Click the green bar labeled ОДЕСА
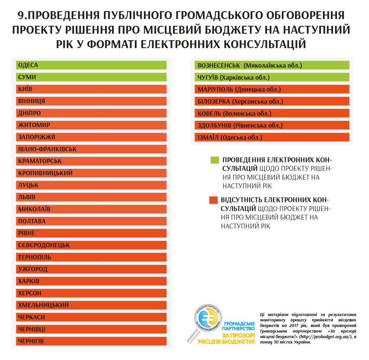(x=91, y=65)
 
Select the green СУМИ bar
(x=91, y=77)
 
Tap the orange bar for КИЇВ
(x=91, y=89)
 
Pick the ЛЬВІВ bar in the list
(x=91, y=197)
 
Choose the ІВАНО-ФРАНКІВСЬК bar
(x=91, y=149)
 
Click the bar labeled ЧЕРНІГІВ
(x=91, y=341)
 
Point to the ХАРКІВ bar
(x=91, y=281)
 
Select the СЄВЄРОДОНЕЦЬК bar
(x=91, y=245)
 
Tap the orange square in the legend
(x=213, y=200)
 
